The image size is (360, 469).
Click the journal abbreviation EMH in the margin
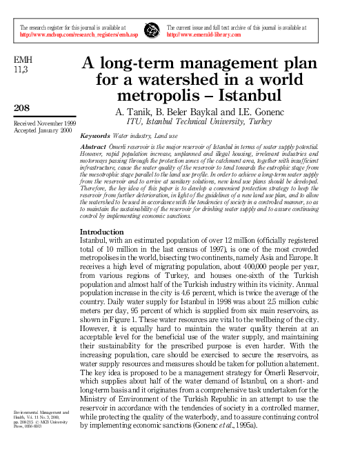click(x=23, y=61)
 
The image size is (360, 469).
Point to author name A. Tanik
click(x=130, y=111)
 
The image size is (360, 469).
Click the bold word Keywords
click(x=94, y=136)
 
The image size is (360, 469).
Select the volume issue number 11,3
click(x=22, y=70)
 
